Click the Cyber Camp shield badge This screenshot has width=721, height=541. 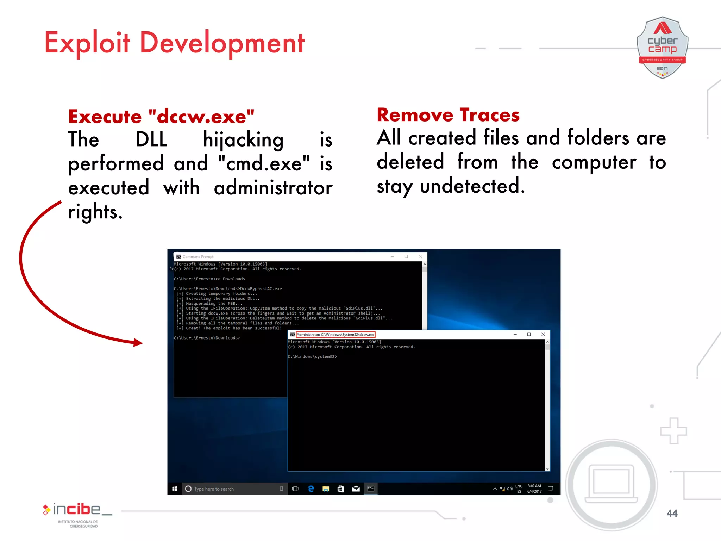click(x=662, y=48)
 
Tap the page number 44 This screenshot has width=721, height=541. click(x=672, y=513)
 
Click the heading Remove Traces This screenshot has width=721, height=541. click(x=448, y=115)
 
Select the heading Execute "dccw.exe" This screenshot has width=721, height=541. click(x=161, y=117)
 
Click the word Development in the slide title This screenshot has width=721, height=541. click(x=222, y=43)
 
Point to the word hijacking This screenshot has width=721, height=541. click(x=243, y=140)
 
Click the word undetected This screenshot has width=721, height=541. click(x=472, y=186)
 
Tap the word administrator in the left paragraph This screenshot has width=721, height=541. click(x=273, y=188)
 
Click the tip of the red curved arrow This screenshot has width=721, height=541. click(x=141, y=342)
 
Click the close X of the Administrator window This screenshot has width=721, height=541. click(x=543, y=334)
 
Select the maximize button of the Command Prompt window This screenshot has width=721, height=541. click(x=406, y=256)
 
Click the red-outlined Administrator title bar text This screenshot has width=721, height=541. click(x=336, y=335)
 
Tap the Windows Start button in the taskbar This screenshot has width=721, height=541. click(x=175, y=489)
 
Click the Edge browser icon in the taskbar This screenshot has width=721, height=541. click(x=311, y=489)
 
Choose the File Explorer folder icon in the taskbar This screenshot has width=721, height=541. click(x=326, y=489)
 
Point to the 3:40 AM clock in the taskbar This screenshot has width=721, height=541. click(x=534, y=486)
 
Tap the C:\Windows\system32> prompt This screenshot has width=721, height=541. click(x=312, y=357)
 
